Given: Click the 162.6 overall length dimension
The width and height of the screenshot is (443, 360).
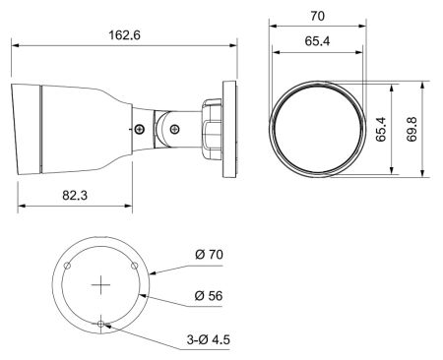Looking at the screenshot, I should pyautogui.click(x=124, y=34).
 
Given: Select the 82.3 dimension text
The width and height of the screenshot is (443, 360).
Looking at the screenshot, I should pyautogui.click(x=75, y=195).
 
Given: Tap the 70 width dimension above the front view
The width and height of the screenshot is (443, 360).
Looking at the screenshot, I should pyautogui.click(x=316, y=17).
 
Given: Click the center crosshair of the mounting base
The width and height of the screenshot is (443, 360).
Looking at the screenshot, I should pyautogui.click(x=101, y=284).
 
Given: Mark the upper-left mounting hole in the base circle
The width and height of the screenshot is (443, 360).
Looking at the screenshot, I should pyautogui.click(x=68, y=266).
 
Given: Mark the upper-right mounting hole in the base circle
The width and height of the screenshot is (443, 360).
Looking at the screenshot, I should pyautogui.click(x=135, y=266).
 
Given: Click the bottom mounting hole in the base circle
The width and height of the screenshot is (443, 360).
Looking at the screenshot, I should pyautogui.click(x=101, y=323).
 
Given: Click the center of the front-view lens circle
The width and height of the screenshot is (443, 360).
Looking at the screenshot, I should pyautogui.click(x=316, y=130).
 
